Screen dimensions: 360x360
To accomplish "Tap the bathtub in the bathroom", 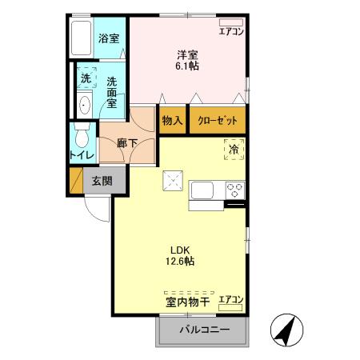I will pyautogui.click(x=82, y=38).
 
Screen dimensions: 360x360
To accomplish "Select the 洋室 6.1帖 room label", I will pyautogui.click(x=189, y=60).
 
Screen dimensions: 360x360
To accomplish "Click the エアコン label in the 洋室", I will pyautogui.click(x=230, y=31).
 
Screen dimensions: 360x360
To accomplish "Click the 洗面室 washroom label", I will pyautogui.click(x=110, y=92).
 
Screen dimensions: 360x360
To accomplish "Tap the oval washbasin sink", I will pyautogui.click(x=85, y=103).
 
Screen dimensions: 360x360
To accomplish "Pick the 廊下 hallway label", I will pyautogui.click(x=129, y=143).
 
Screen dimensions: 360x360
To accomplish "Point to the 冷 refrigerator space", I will pyautogui.click(x=234, y=149).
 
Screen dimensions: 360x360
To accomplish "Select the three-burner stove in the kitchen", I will pyautogui.click(x=234, y=191).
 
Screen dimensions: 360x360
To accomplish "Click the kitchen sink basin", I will pyautogui.click(x=201, y=191).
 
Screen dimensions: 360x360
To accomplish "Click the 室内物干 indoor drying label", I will pyautogui.click(x=187, y=302).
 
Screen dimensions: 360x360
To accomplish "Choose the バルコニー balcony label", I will pyautogui.click(x=204, y=330).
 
